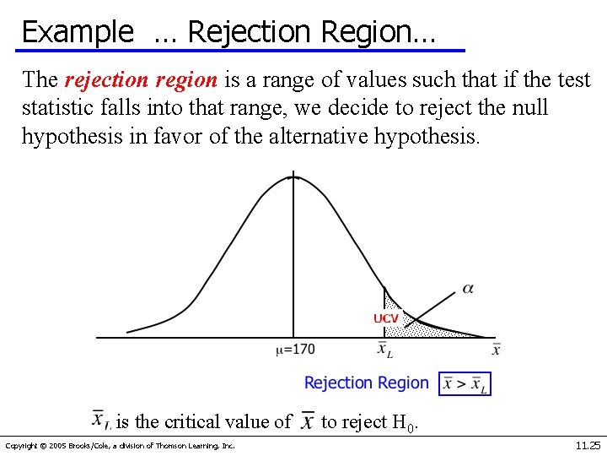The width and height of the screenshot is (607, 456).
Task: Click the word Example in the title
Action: pyautogui.click(x=78, y=31)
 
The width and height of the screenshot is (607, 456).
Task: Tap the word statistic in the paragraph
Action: pyautogui.click(x=57, y=109)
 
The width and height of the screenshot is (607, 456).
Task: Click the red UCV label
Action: pyautogui.click(x=385, y=318)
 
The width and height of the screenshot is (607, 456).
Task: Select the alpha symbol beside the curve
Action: pyautogui.click(x=468, y=290)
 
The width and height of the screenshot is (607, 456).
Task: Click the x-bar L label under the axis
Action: pyautogui.click(x=384, y=350)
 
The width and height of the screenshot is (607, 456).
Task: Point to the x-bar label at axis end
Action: pyautogui.click(x=496, y=349)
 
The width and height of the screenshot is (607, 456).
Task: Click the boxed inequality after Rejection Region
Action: pyautogui.click(x=465, y=384)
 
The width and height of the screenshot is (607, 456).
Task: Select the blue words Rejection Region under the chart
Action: pyautogui.click(x=366, y=383)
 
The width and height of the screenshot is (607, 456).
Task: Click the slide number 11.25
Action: pyautogui.click(x=588, y=445)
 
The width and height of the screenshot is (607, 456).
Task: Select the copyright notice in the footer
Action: pyautogui.click(x=120, y=446)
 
